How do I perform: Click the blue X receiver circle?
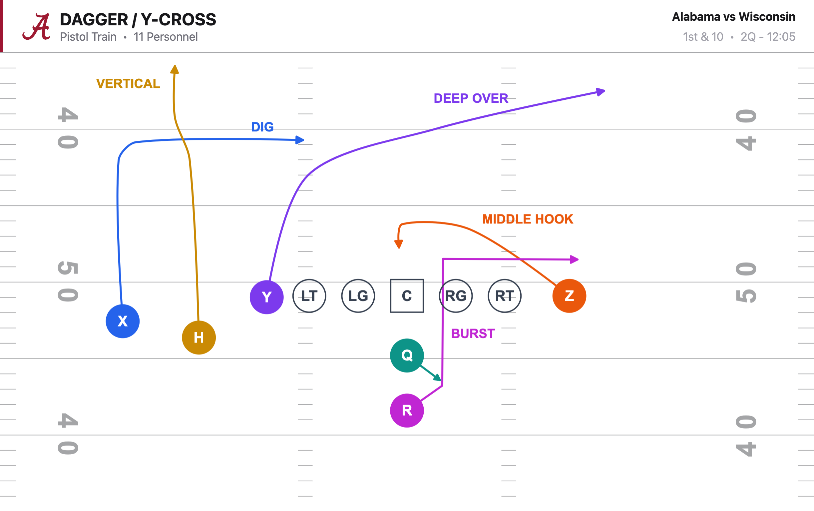coord(123,321)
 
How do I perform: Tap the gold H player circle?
coord(199,337)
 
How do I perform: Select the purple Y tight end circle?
coord(266,297)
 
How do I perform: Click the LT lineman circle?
coord(309,296)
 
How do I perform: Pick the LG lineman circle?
coord(358,296)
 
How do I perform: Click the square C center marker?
coord(407,296)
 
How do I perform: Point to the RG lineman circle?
coord(456,296)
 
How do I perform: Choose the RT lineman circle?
coord(505,296)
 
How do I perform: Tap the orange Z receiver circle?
coord(569,296)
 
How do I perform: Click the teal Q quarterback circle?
coord(407,355)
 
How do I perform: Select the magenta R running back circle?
coord(407,410)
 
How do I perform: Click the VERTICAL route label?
coord(128,83)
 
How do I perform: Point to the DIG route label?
coord(262,127)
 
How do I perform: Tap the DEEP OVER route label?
coord(471,98)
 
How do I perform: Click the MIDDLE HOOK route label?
coord(528,219)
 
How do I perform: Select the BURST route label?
coord(473,334)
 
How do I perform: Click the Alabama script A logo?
coord(36,27)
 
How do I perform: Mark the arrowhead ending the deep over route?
coord(601,92)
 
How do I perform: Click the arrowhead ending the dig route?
coord(300,139)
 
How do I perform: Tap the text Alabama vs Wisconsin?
coord(733,17)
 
